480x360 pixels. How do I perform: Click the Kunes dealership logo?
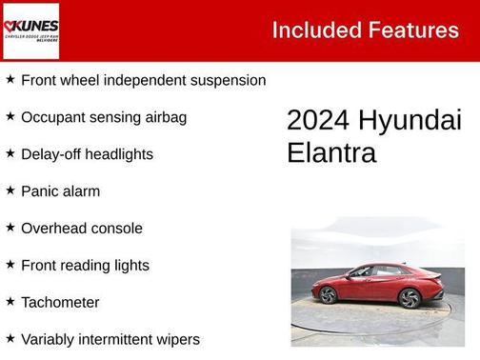pyautogui.click(x=30, y=30)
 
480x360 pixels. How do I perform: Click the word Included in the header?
pyautogui.click(x=311, y=30)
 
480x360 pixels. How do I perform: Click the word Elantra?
pyautogui.click(x=331, y=152)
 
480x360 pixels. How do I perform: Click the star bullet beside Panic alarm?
pyautogui.click(x=10, y=190)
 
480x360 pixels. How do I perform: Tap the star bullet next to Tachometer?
pyautogui.click(x=10, y=302)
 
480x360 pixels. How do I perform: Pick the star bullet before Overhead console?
pyautogui.click(x=10, y=228)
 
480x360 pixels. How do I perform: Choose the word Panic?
pyautogui.click(x=40, y=190)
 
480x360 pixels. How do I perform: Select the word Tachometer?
pyautogui.click(x=60, y=302)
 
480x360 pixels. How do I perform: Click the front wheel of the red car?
pyautogui.click(x=328, y=295)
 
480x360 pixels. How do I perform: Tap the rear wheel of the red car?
pyautogui.click(x=410, y=298)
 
